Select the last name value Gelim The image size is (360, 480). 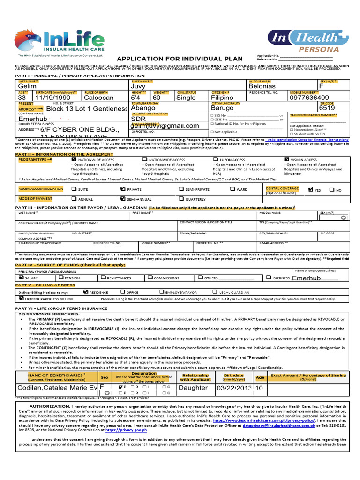[x=27, y=87]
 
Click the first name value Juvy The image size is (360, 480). [x=138, y=87]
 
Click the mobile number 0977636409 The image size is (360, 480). [x=309, y=98]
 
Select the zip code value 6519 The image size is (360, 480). [x=327, y=108]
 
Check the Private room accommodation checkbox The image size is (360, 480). [x=123, y=189]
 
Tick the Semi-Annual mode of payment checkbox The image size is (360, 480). [x=123, y=199]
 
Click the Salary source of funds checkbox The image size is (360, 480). [x=21, y=278]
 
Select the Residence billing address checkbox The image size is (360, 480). [x=85, y=292]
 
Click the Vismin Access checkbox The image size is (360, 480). [x=286, y=160]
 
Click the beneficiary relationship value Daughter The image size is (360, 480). [x=193, y=388]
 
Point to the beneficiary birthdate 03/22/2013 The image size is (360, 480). [x=233, y=388]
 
